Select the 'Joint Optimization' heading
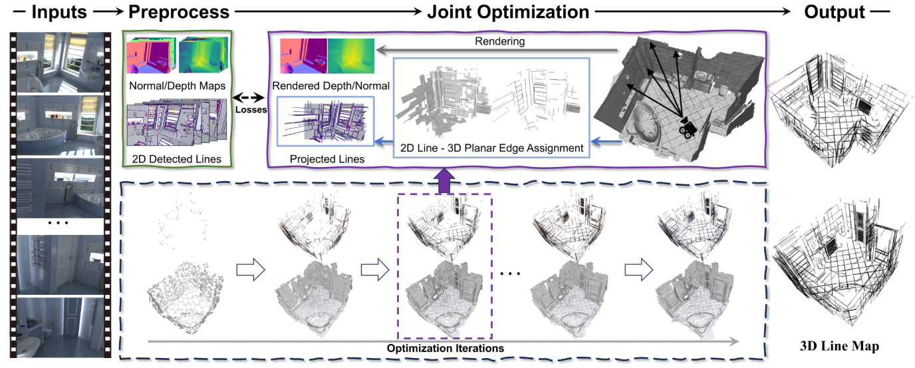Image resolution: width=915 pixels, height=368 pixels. (x=508, y=11)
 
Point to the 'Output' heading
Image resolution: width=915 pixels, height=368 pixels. (x=835, y=11)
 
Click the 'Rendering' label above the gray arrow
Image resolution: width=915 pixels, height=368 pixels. (x=499, y=41)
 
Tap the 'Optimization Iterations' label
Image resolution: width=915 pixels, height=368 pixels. (x=445, y=347)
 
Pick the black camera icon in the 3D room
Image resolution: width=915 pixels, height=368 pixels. (x=687, y=126)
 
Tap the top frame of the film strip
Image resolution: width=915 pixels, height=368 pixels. (x=58, y=62)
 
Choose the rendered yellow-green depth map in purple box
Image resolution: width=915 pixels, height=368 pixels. (x=351, y=55)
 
